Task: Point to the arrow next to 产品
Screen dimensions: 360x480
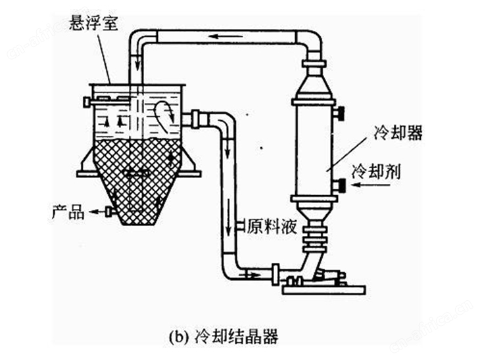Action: click(x=97, y=212)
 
